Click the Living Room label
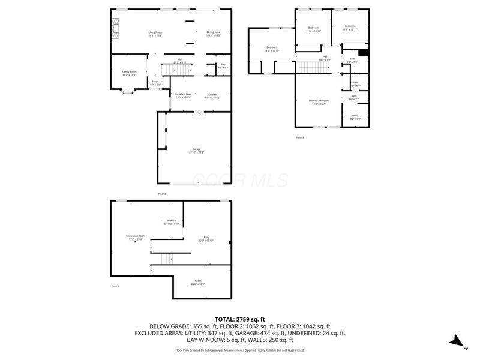tap(156, 34)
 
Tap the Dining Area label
tap(214, 34)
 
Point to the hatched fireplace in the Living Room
tap(116, 28)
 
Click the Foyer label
tap(155, 83)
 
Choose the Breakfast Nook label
tap(183, 95)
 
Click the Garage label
tap(196, 150)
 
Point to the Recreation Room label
tap(136, 237)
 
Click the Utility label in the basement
tap(206, 239)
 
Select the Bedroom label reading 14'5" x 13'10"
tap(272, 49)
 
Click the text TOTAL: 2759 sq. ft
tap(240, 319)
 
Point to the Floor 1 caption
tap(115, 286)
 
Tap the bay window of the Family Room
tap(128, 91)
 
